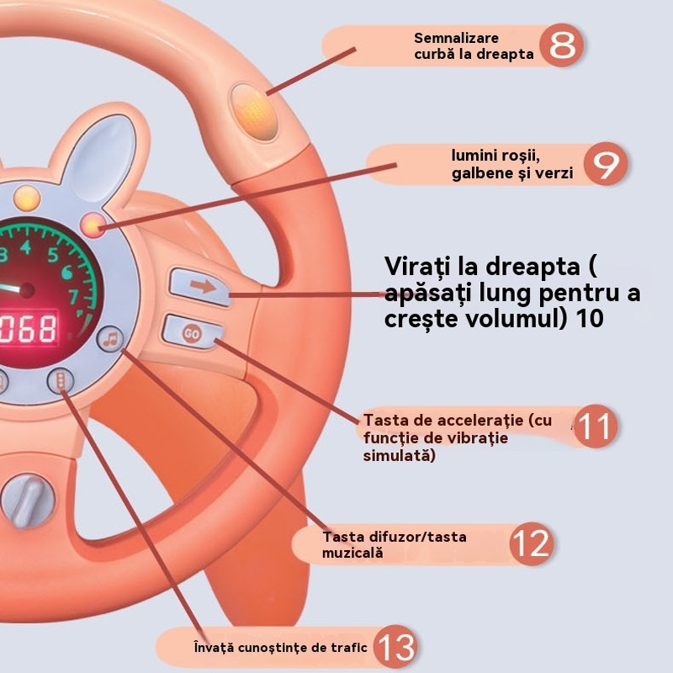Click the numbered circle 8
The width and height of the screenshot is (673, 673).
click(563, 46)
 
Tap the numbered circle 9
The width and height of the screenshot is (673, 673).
click(605, 165)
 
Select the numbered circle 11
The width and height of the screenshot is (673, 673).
click(595, 427)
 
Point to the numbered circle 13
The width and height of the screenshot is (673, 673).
click(395, 648)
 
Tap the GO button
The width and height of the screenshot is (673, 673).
click(192, 332)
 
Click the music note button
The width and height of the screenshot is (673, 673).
click(109, 339)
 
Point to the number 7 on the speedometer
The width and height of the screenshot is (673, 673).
click(73, 296)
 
